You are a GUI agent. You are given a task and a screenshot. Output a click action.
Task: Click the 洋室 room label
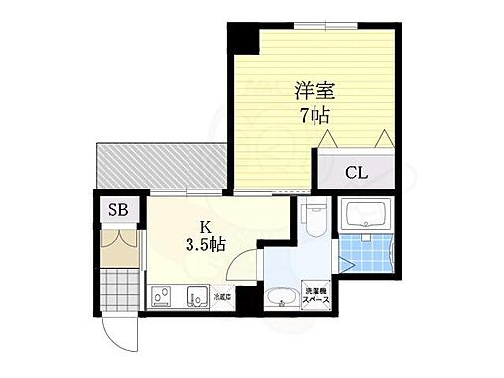point(315,90)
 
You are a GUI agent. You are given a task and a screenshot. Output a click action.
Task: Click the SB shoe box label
point(117,209)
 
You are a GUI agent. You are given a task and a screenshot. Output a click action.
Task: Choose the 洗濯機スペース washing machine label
point(317,294)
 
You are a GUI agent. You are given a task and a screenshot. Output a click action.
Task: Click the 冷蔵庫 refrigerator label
point(221,296)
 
